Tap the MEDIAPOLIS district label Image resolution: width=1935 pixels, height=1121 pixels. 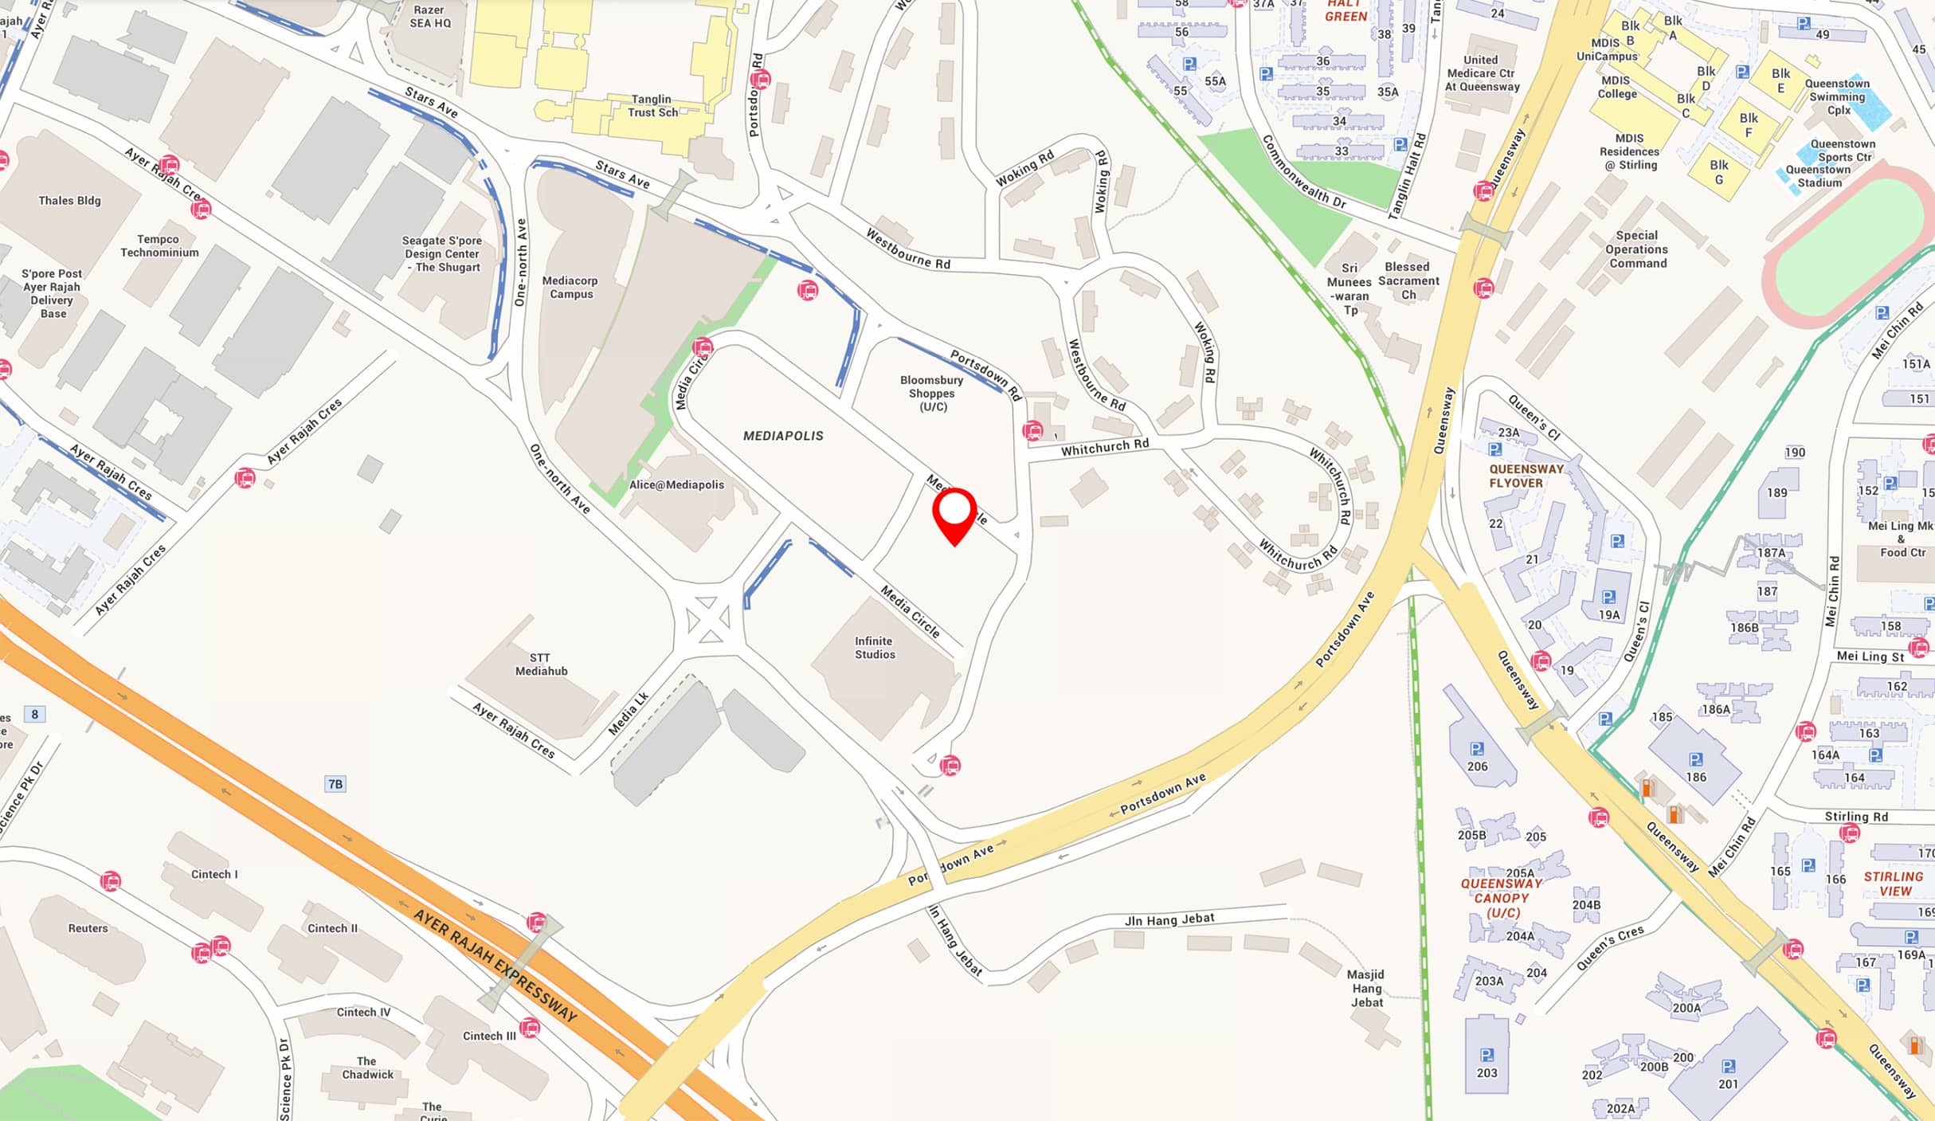point(783,436)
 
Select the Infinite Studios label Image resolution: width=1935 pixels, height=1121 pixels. point(875,648)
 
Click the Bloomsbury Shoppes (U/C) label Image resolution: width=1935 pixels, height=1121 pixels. point(932,394)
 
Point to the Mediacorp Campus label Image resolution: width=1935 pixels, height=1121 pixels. point(570,287)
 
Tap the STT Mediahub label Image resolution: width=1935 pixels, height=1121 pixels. point(541,664)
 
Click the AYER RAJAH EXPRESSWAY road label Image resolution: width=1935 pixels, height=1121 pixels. point(495,966)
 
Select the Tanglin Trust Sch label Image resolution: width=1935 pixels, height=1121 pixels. point(652,106)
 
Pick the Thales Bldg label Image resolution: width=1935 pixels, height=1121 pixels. point(69,201)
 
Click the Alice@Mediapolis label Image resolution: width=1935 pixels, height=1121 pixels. point(676,484)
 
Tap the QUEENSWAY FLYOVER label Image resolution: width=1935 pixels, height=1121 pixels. point(1526,476)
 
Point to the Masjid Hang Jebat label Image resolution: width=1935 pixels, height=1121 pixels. point(1366,988)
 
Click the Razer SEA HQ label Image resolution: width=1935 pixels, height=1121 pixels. point(430,16)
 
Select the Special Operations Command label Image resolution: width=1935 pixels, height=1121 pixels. point(1637,249)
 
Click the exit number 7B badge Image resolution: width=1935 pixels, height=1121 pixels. point(335,784)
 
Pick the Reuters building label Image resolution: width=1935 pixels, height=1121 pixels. point(88,928)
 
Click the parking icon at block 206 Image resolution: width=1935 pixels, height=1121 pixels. point(1477,749)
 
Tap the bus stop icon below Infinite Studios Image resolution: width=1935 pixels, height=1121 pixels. point(950,766)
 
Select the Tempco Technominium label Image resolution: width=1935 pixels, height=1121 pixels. point(159,245)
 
